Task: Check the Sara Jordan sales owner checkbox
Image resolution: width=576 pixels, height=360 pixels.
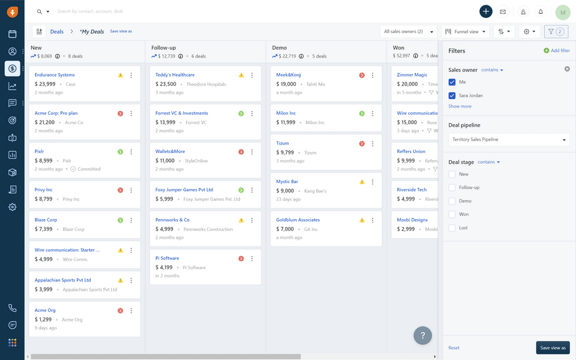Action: coord(452,95)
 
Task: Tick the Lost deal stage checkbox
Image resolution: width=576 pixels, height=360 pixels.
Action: coord(452,228)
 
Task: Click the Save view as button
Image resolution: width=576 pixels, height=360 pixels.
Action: coord(552,348)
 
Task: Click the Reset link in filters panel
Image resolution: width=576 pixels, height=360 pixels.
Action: coord(454,348)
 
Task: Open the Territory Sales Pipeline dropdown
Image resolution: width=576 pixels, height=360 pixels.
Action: coord(508,140)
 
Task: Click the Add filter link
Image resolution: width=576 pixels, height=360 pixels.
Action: coord(557,51)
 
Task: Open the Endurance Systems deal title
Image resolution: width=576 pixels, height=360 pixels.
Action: coord(55,75)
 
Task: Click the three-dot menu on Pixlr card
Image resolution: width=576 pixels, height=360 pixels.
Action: coord(131,152)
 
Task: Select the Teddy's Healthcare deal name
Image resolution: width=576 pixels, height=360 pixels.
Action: coord(175,75)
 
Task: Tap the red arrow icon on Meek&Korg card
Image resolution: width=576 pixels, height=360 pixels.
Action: coord(362,75)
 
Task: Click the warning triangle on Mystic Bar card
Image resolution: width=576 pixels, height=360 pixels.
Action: coord(362,182)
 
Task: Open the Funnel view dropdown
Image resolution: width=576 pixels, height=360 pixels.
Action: coord(466,32)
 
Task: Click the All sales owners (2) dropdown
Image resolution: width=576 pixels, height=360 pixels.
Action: coord(409,32)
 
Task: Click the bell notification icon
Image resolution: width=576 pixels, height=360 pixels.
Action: coord(541,11)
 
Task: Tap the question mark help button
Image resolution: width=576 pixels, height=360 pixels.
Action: coord(422,335)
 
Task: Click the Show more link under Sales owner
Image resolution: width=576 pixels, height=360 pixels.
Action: coord(460,107)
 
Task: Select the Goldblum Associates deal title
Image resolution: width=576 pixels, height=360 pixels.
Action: coord(298,220)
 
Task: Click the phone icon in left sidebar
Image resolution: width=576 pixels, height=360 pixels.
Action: coord(12,308)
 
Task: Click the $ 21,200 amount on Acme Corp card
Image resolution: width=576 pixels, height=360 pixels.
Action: coord(45,122)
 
